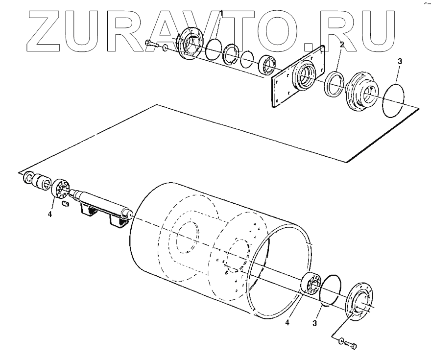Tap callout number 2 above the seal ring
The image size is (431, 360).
coord(342,45)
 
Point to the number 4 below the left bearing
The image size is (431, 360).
coord(50,213)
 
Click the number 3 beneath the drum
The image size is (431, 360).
coord(315,323)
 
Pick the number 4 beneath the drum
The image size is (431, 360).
coord(287,322)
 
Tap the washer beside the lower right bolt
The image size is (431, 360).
coord(341,341)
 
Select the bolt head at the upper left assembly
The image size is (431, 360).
coord(148,44)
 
